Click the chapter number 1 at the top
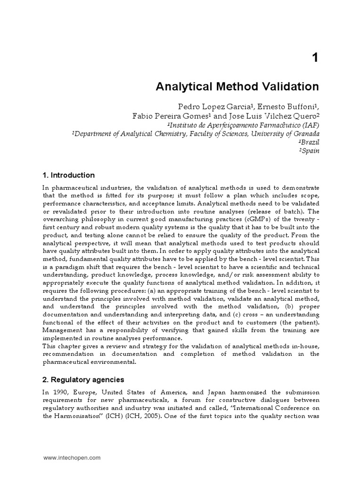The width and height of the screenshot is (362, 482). point(315,58)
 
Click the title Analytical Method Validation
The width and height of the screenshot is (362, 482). point(237,87)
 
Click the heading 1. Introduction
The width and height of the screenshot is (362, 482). point(68,175)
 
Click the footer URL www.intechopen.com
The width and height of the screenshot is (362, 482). point(72,458)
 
